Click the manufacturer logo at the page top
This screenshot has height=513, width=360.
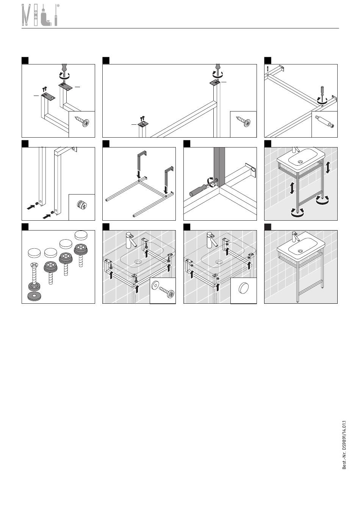[x=40, y=16]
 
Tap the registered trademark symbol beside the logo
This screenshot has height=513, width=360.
[x=58, y=6]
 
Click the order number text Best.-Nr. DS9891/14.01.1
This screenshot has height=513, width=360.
[x=344, y=444]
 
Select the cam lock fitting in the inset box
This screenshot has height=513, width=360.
[x=81, y=206]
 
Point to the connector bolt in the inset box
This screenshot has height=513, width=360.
[x=324, y=123]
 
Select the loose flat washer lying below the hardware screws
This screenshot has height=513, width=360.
[x=35, y=295]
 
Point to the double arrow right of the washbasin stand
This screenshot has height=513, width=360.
[x=328, y=167]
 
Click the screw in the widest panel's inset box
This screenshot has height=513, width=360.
[x=243, y=122]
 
